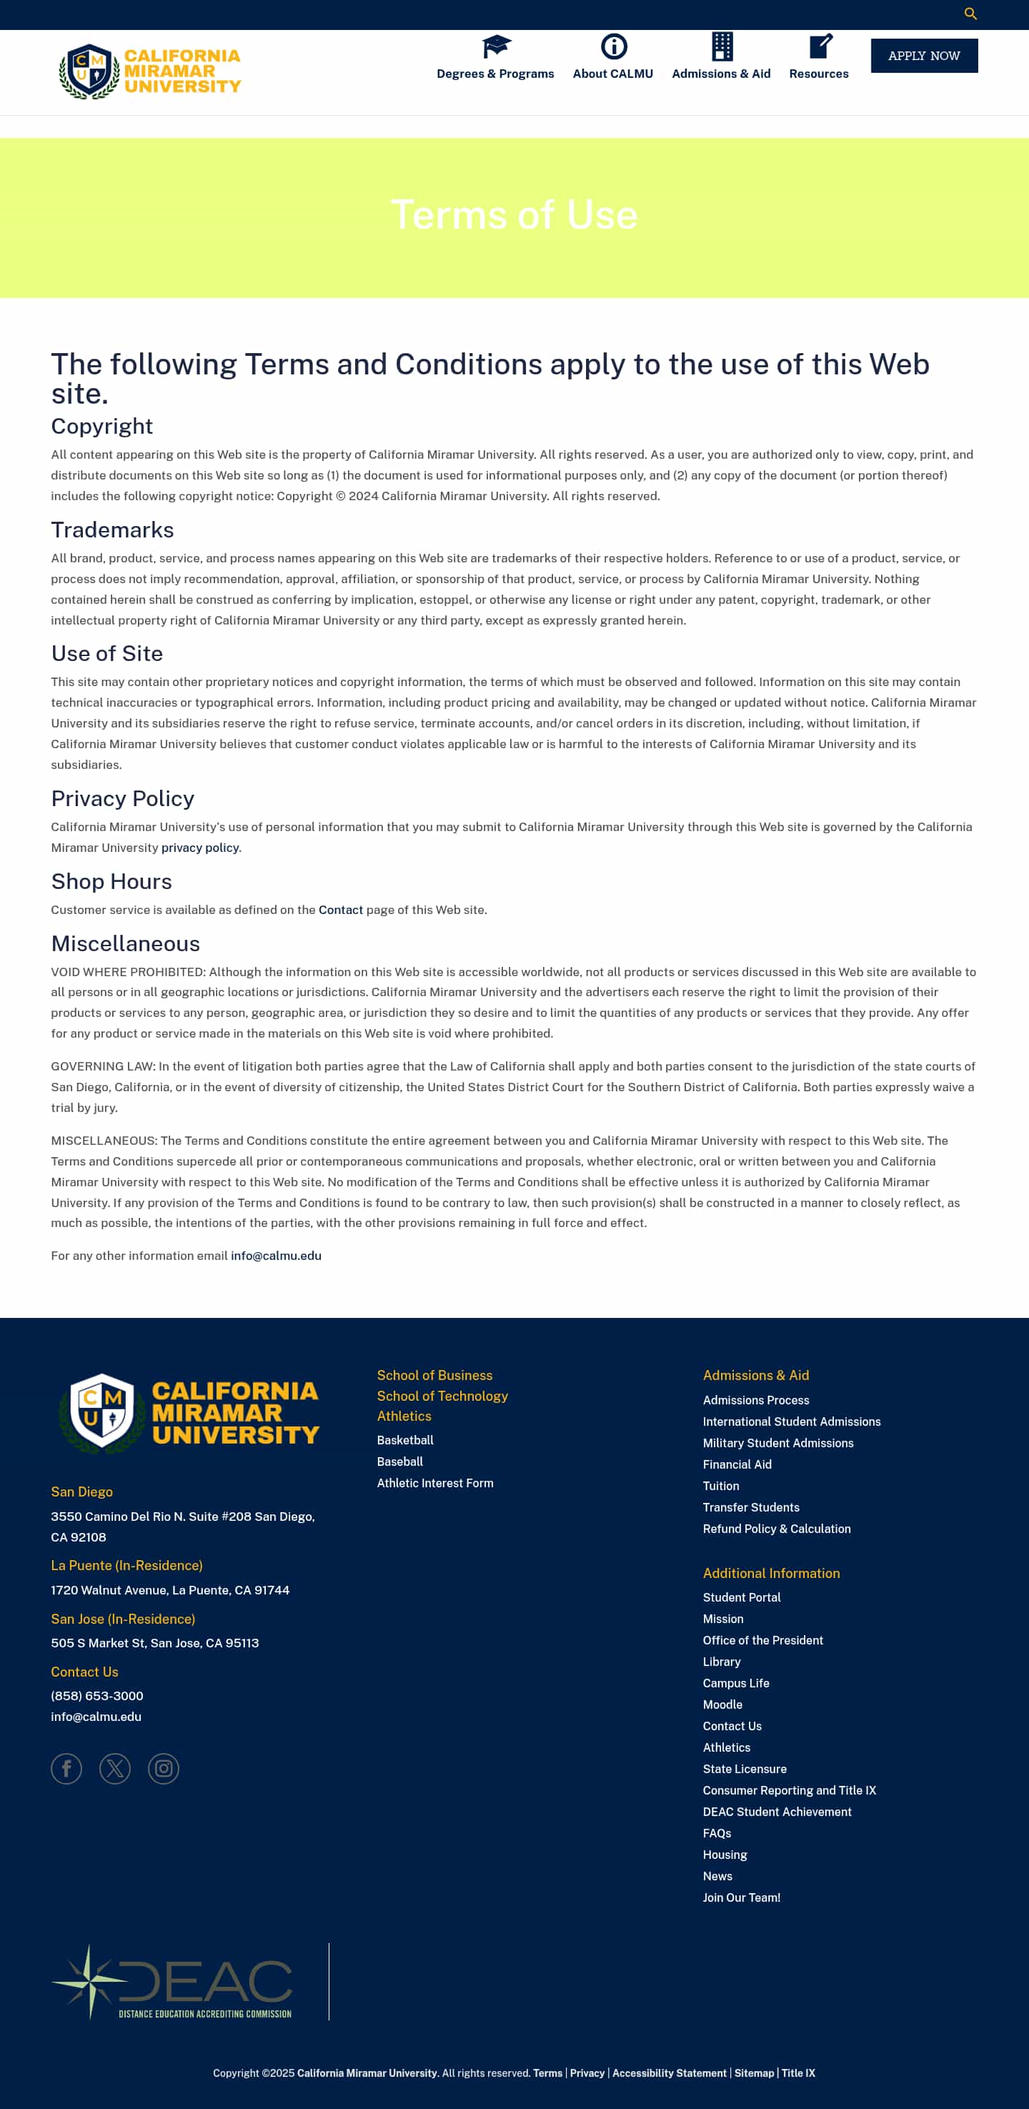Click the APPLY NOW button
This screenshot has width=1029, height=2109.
point(923,56)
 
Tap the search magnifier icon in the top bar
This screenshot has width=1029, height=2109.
point(970,14)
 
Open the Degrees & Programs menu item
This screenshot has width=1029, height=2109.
point(494,74)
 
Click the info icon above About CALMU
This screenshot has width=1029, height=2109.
point(613,46)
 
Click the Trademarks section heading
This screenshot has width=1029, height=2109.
point(112,530)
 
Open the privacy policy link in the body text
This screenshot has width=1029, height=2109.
point(200,848)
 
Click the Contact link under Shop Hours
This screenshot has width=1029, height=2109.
point(341,910)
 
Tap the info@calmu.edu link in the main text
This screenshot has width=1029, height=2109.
point(276,1255)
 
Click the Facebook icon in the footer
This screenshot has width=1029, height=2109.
point(66,1768)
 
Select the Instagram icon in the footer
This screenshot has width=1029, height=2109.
point(164,1768)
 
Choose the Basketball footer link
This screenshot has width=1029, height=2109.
point(405,1440)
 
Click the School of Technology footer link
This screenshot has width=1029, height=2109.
point(442,1396)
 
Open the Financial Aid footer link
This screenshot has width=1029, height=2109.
point(737,1464)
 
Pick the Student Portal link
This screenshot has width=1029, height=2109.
point(741,1597)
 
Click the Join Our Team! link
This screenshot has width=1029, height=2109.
point(741,1897)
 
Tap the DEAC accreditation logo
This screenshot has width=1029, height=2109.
point(172,1982)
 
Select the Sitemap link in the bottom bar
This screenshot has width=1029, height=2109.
point(753,2073)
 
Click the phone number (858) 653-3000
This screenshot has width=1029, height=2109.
point(96,1695)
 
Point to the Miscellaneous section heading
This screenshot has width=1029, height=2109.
point(125,943)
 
